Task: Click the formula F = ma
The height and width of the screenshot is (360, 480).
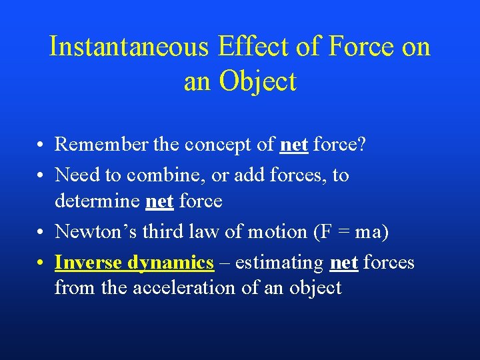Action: coord(351,232)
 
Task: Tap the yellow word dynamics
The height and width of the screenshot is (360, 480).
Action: coord(170,263)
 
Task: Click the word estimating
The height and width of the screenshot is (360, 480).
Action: coord(280,263)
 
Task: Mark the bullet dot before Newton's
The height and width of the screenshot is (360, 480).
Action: coord(41,233)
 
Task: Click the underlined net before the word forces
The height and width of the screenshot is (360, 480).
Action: coord(345,263)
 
